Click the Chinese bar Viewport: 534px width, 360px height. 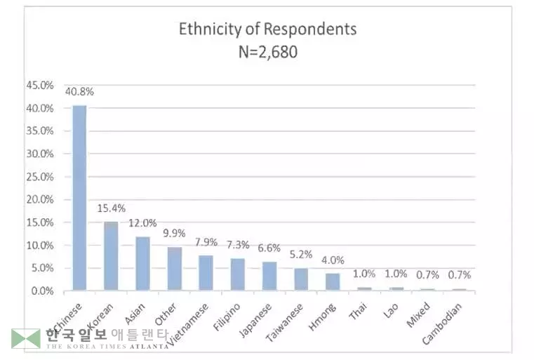coord(79,197)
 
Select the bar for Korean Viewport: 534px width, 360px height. coord(111,255)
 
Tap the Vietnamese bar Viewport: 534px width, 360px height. coord(206,272)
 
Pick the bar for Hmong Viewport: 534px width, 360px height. coord(333,281)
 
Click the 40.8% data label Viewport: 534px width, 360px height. coord(79,91)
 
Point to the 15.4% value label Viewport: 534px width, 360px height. coord(112,208)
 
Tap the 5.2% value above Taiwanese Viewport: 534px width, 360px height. coord(301,254)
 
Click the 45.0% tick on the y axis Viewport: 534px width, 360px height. coord(39,85)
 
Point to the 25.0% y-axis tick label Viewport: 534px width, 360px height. coord(39,176)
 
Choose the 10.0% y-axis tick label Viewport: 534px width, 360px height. coord(39,245)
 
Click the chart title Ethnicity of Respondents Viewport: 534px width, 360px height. coord(267,29)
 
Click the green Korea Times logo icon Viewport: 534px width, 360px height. coord(25,339)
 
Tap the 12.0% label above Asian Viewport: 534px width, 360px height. coord(142,223)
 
